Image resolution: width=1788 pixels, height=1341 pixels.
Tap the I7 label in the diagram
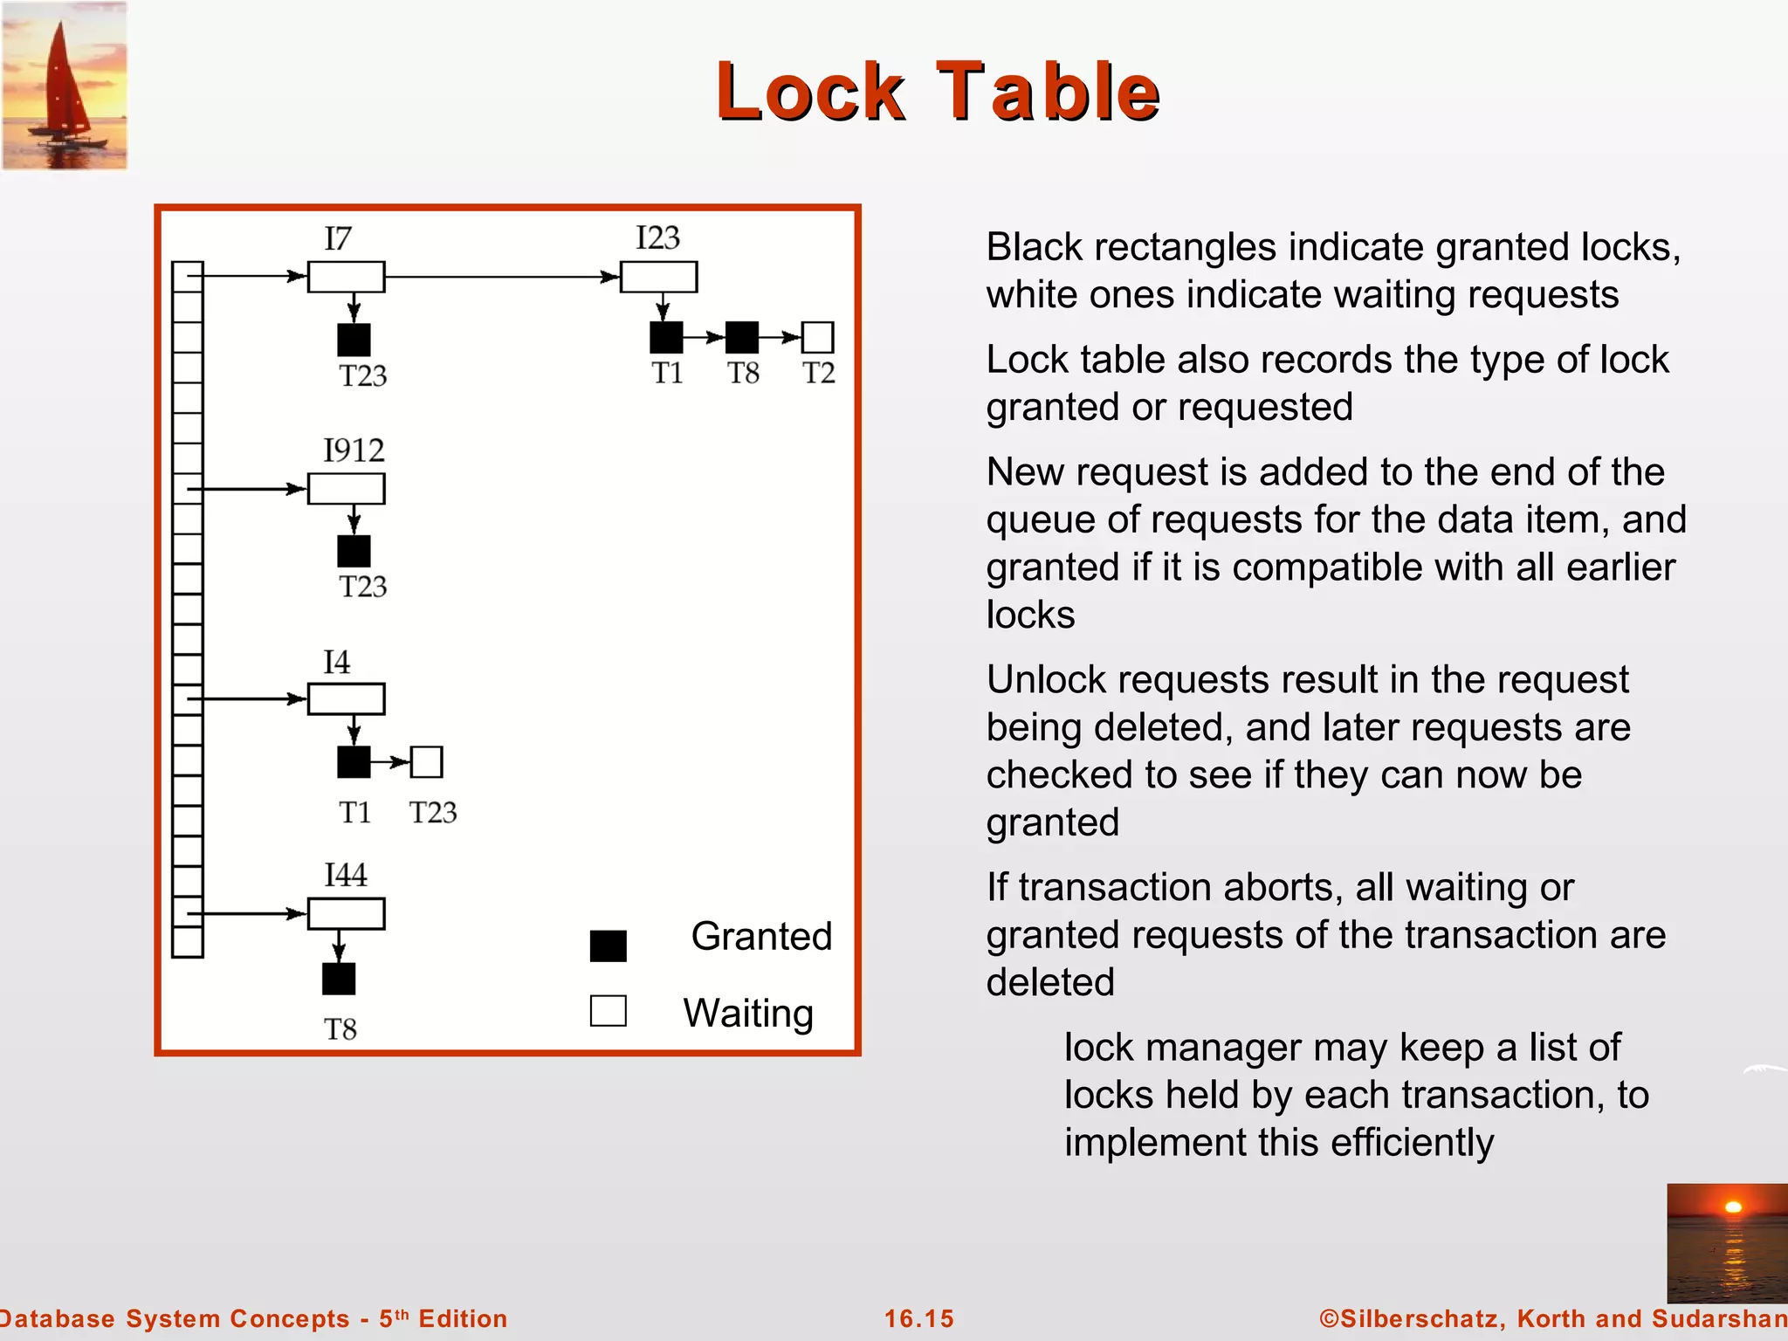click(x=338, y=238)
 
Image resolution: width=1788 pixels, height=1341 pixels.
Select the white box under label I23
click(x=658, y=277)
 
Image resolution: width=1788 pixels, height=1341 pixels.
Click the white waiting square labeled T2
click(x=817, y=337)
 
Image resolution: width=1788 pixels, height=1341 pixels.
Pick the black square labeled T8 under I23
click(x=742, y=337)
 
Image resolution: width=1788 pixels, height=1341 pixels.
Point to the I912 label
click(x=354, y=450)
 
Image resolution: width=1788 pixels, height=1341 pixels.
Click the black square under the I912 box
click(x=354, y=551)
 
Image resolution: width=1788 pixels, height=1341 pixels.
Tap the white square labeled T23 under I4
click(x=426, y=762)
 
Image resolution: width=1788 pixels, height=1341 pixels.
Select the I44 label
click(x=346, y=875)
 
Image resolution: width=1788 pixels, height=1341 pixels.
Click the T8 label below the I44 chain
click(x=340, y=1029)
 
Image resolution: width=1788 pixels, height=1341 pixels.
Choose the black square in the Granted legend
click(x=608, y=946)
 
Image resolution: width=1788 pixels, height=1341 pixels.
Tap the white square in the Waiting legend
click(x=608, y=1011)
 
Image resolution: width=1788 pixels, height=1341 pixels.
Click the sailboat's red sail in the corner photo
click(x=61, y=79)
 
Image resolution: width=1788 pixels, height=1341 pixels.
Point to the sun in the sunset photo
click(x=1733, y=1207)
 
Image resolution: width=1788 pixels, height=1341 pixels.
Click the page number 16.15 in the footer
click(x=919, y=1318)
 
